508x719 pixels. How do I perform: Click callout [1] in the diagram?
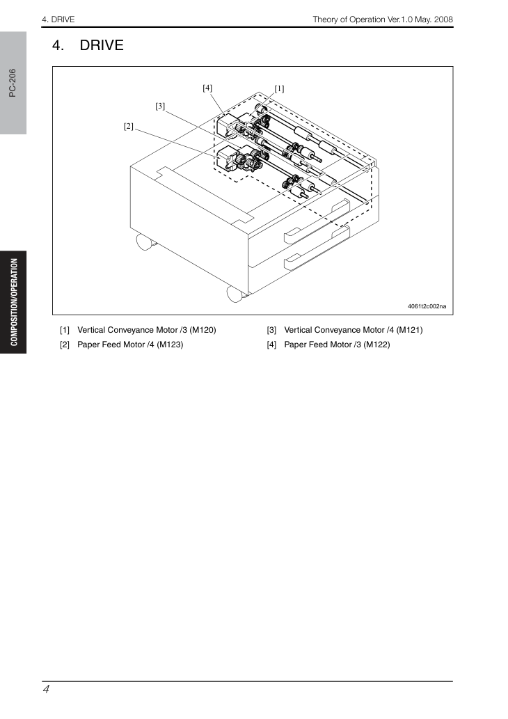(x=279, y=88)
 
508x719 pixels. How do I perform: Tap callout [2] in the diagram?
(x=128, y=126)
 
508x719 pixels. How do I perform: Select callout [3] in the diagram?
(x=160, y=106)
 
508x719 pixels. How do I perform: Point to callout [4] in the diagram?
(x=207, y=88)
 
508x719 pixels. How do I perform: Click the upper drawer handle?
(x=317, y=222)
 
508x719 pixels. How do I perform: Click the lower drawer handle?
(x=317, y=248)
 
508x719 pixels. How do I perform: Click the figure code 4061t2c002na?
(x=427, y=306)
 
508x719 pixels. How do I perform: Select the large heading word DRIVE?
(x=102, y=45)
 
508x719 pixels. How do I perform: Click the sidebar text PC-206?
(x=13, y=83)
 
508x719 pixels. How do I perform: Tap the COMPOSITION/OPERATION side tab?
(x=14, y=302)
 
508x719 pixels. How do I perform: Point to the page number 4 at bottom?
(x=46, y=689)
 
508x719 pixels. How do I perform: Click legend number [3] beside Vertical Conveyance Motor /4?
(x=272, y=330)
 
